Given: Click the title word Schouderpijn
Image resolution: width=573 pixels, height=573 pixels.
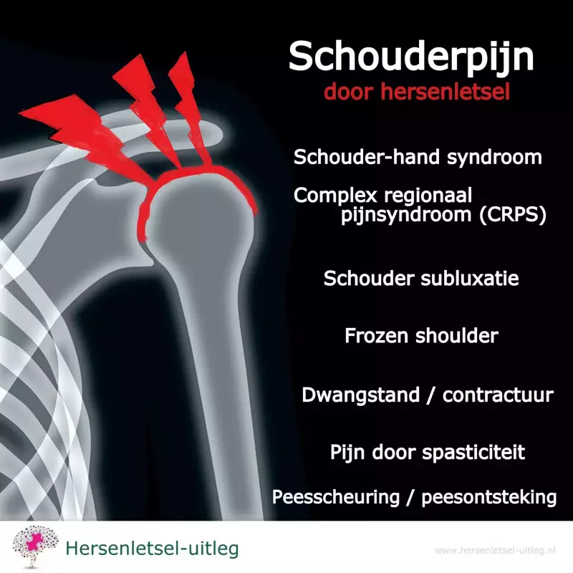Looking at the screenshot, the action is (x=411, y=57).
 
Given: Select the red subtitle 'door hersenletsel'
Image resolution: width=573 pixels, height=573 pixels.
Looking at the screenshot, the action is (x=415, y=93).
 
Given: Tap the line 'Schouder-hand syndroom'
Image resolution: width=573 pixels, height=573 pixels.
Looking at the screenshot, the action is (x=418, y=158).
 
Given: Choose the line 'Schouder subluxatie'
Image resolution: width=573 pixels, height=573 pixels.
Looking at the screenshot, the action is (x=421, y=278).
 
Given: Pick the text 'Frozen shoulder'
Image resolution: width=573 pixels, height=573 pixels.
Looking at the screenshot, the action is (x=421, y=335).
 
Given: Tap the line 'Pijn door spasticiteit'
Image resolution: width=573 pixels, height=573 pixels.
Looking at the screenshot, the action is (x=428, y=453).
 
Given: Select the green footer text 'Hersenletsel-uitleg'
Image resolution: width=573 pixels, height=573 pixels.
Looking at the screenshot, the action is (x=152, y=549).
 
